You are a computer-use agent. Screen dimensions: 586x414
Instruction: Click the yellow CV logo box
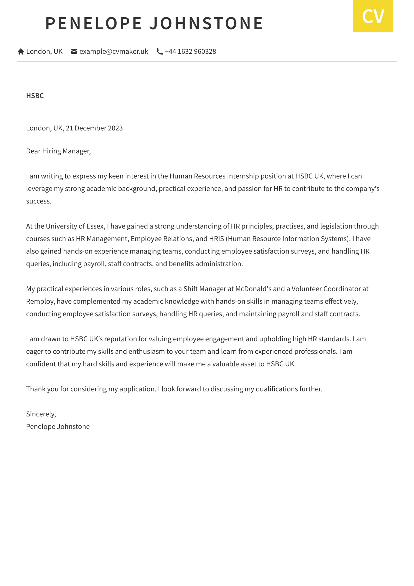(x=373, y=16)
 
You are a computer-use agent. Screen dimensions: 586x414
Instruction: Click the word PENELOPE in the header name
(x=94, y=23)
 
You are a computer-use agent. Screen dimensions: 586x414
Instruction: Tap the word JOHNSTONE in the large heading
(x=206, y=23)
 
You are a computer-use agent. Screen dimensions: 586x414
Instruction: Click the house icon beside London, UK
(x=21, y=51)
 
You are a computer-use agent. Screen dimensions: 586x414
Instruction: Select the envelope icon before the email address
(x=74, y=51)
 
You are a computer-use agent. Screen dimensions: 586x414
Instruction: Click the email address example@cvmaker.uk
(x=114, y=51)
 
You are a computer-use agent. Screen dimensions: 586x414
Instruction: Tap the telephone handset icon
(x=160, y=51)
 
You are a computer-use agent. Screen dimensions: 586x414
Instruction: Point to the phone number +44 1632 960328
(x=190, y=51)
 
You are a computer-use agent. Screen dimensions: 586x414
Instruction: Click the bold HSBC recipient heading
(x=35, y=96)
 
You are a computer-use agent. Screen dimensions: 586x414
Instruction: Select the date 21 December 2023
(x=94, y=128)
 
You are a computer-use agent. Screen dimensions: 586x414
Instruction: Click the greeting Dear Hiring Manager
(x=58, y=151)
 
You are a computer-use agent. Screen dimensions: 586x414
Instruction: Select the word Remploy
(x=40, y=301)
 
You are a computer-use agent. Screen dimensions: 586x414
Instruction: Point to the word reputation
(x=120, y=339)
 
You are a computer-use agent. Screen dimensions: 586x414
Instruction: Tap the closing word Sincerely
(x=40, y=414)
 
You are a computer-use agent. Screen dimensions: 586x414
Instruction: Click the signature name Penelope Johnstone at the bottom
(x=58, y=427)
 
